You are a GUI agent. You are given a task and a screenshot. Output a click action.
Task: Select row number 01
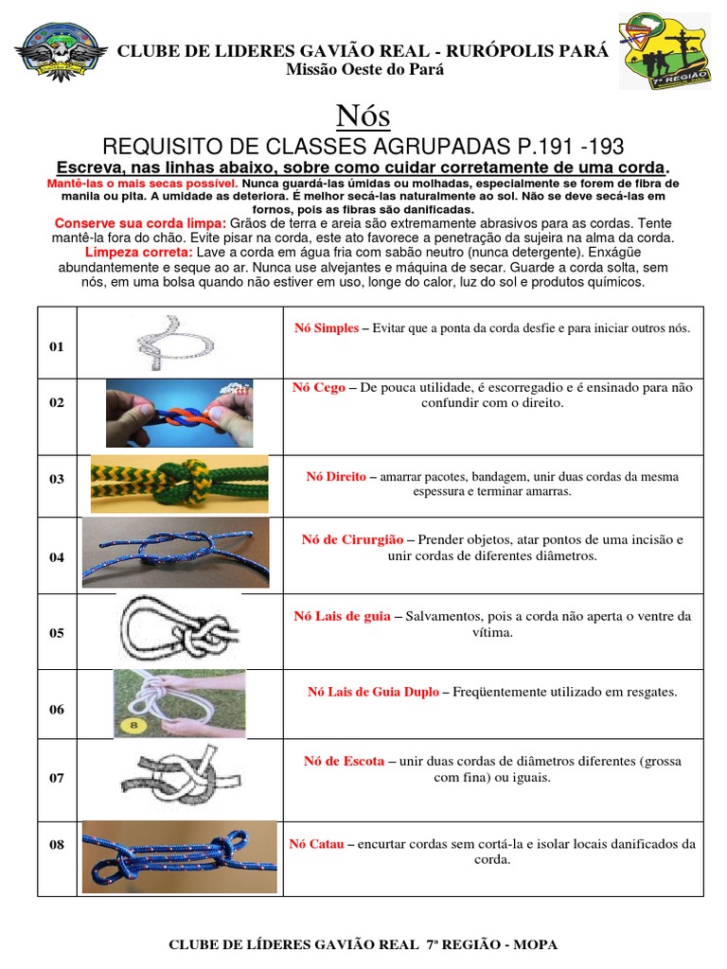(x=57, y=346)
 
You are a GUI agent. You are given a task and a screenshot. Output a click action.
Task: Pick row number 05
(x=57, y=633)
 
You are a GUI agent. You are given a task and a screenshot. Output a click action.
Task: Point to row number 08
(x=57, y=845)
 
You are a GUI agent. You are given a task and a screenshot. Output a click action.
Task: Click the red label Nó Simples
(x=327, y=328)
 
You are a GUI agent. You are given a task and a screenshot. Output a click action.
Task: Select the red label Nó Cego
(x=319, y=387)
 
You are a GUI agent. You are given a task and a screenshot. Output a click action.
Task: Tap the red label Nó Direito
(x=336, y=477)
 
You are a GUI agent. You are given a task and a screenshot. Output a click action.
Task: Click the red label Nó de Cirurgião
(x=352, y=539)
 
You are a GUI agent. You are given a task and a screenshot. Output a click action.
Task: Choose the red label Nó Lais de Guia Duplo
(x=373, y=692)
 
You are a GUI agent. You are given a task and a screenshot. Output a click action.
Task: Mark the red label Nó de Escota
(x=344, y=761)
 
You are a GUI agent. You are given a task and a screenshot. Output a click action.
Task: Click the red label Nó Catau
(x=317, y=844)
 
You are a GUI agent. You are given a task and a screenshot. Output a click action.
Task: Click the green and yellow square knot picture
(x=179, y=484)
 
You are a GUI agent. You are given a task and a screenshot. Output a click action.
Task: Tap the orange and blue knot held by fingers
(x=179, y=413)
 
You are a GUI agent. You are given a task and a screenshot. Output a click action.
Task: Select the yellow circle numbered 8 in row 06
(x=131, y=726)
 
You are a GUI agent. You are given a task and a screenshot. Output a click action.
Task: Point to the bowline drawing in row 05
(x=179, y=630)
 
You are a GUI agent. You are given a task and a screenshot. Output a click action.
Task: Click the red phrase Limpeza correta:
(x=139, y=254)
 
